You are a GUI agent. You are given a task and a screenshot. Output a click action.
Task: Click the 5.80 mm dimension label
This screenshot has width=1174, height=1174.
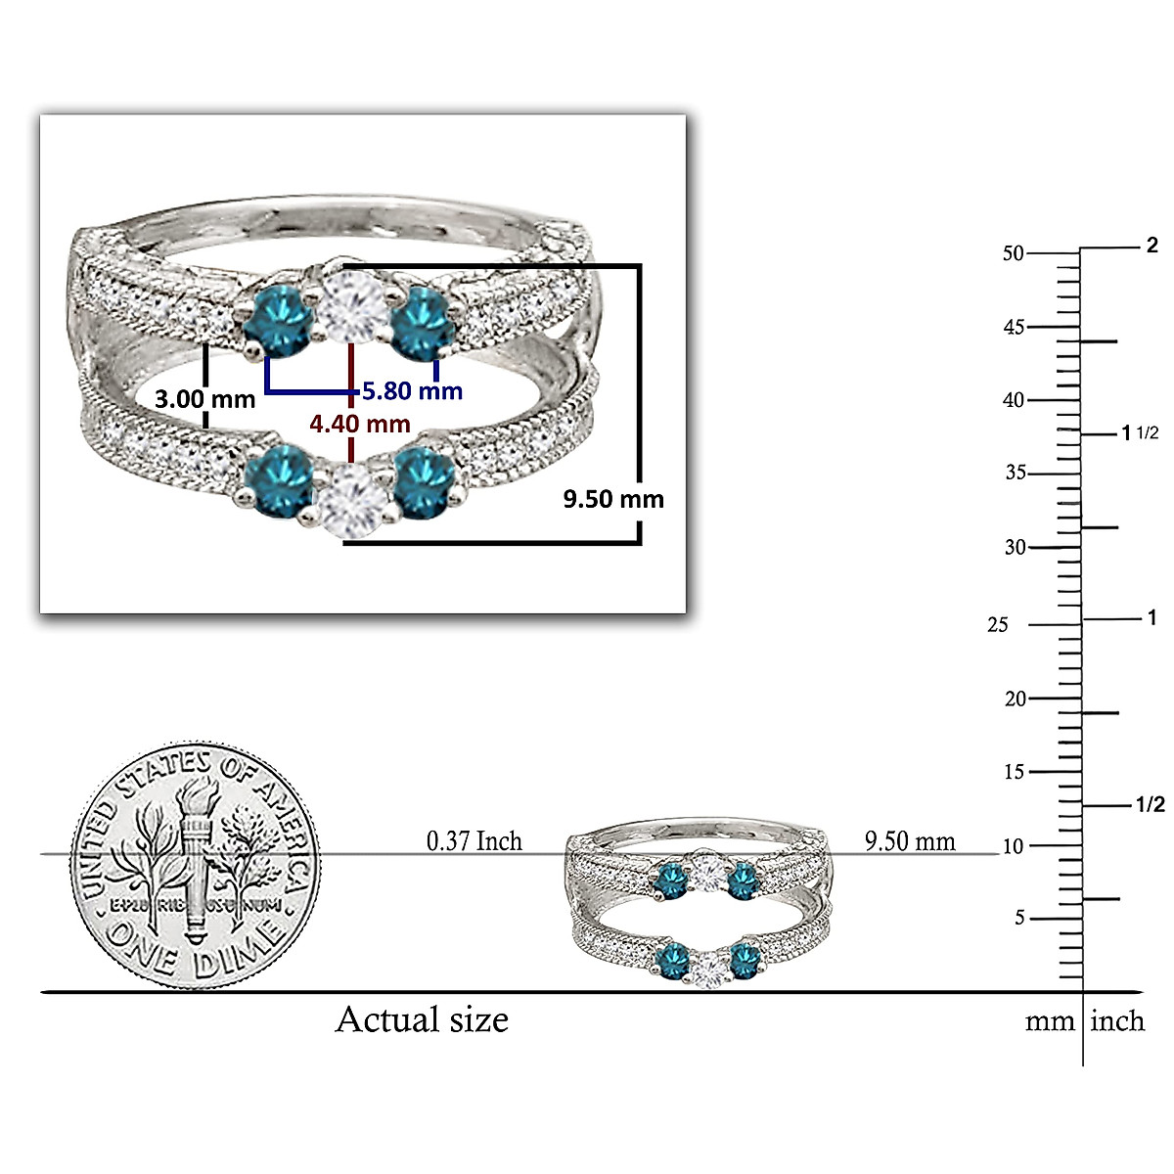[x=412, y=391]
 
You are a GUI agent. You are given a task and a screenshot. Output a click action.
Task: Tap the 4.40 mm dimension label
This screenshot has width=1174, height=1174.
[x=360, y=424]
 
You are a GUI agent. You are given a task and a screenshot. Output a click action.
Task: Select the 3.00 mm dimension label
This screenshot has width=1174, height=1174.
[x=205, y=399]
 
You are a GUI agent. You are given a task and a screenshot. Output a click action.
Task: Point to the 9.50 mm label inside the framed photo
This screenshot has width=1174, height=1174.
[x=612, y=499]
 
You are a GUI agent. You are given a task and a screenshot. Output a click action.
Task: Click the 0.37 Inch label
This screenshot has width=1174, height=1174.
[x=474, y=840]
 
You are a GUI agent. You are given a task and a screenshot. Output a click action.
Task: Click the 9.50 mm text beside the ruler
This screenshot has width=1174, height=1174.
[x=910, y=840]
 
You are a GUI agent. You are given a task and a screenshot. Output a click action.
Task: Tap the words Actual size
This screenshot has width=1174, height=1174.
[x=422, y=1019]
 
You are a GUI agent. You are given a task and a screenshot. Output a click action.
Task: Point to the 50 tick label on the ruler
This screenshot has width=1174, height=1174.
[x=1013, y=253]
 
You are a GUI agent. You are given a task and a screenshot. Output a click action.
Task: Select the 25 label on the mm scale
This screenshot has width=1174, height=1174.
[x=997, y=624]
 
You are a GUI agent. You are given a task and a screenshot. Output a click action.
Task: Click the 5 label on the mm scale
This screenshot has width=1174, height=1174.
[x=1019, y=918]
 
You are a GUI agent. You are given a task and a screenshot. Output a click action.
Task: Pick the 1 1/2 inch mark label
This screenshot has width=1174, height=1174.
[x=1139, y=433]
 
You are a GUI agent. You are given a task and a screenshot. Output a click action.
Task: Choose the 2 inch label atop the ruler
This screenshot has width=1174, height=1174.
[x=1151, y=246]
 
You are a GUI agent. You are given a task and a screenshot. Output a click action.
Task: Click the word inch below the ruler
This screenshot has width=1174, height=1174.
[x=1117, y=1021]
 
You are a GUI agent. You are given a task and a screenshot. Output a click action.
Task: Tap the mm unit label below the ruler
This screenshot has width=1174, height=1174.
[x=1050, y=1021]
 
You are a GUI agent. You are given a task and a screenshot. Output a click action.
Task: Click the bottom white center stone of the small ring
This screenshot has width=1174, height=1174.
[x=709, y=970]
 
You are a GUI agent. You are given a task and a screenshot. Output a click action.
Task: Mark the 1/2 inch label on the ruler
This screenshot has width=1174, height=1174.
[x=1150, y=805]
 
